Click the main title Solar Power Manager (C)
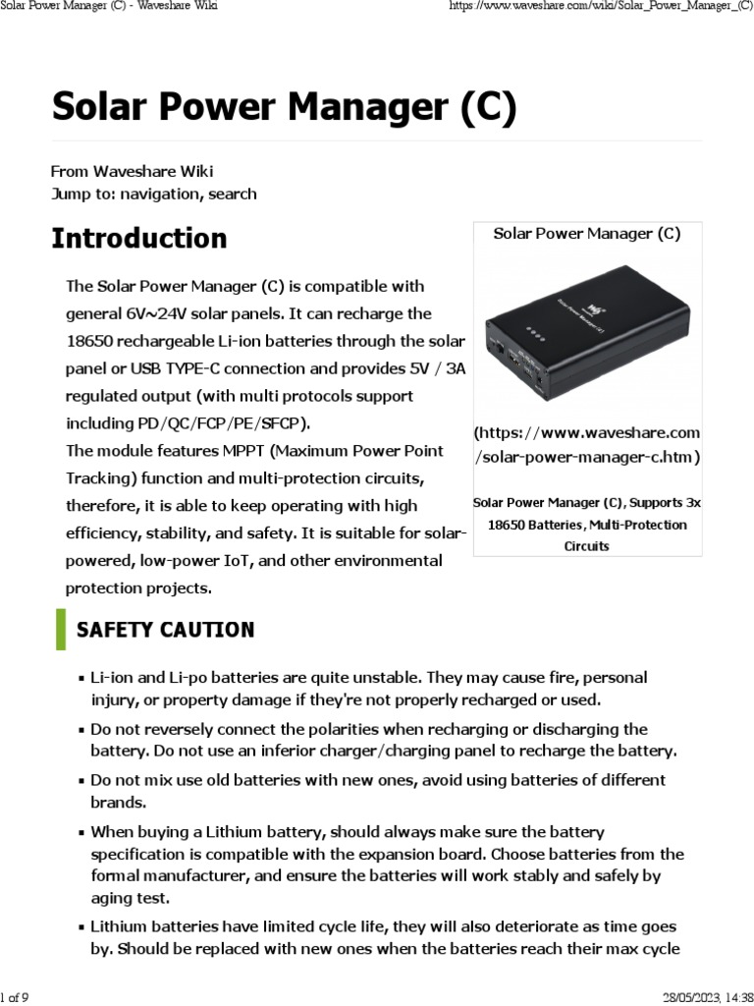[283, 107]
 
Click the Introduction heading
[138, 239]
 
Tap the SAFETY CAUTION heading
[165, 630]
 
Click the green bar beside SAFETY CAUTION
[61, 630]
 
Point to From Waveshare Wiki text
[132, 171]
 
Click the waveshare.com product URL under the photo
[587, 445]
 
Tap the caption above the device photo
[586, 234]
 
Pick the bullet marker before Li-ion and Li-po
[81, 679]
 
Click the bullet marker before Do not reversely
[81, 730]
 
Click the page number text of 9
[15, 997]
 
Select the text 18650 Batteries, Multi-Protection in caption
[587, 525]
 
